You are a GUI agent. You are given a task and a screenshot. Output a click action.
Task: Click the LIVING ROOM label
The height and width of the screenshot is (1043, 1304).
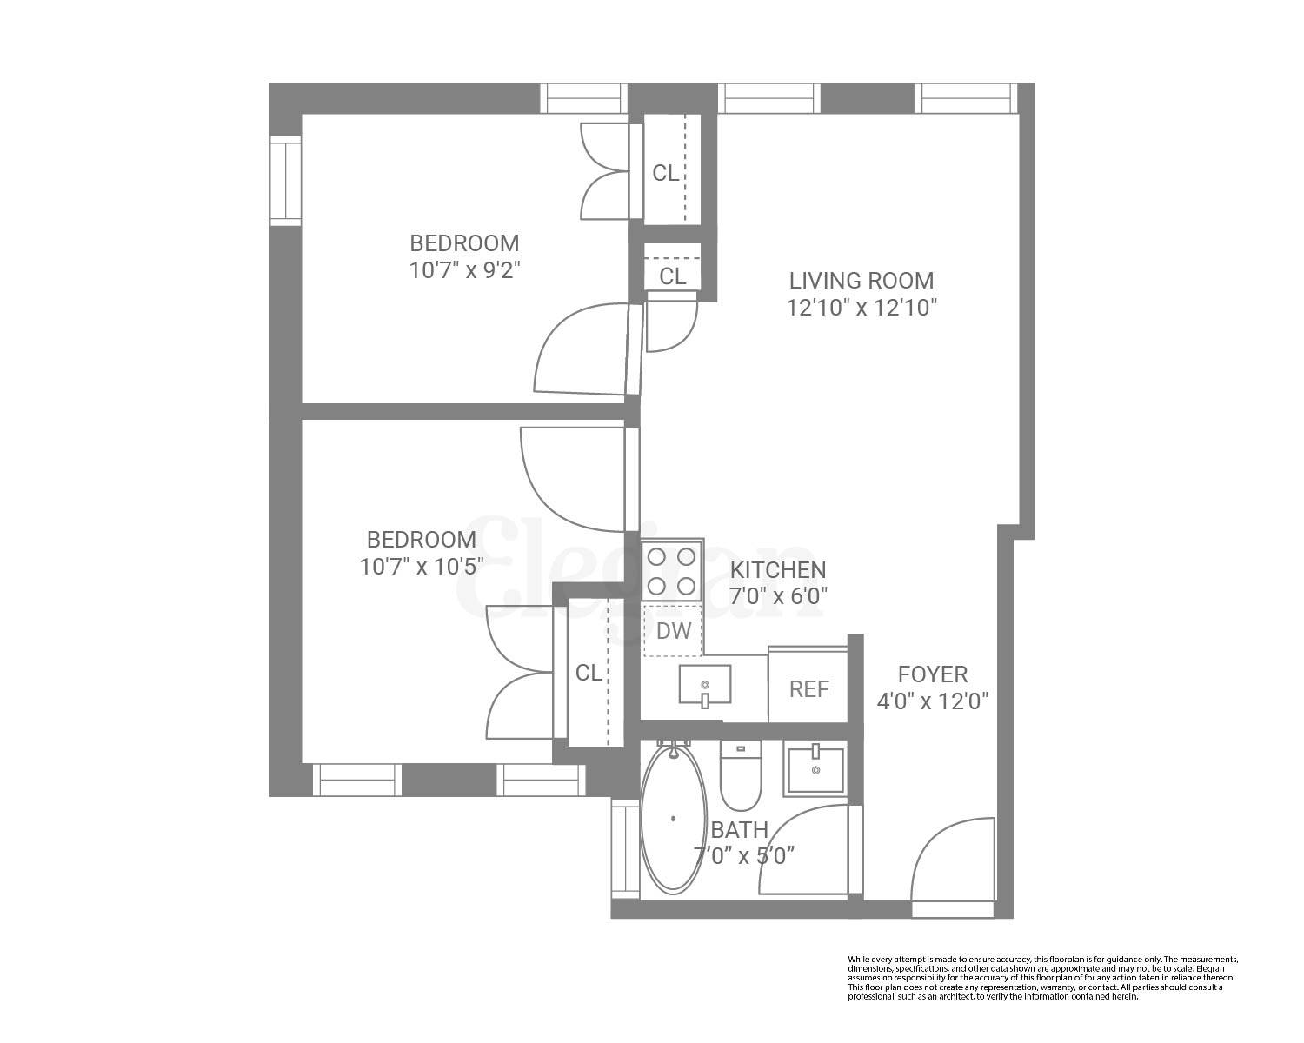(x=861, y=281)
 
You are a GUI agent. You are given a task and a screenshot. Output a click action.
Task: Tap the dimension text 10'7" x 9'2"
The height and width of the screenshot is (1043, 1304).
(x=464, y=269)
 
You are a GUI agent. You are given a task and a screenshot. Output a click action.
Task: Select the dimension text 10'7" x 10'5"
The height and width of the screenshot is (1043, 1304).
(x=421, y=567)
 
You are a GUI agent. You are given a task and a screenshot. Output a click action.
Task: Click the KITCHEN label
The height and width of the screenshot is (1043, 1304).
(x=777, y=570)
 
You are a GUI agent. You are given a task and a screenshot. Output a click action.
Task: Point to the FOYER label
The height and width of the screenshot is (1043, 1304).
(x=932, y=674)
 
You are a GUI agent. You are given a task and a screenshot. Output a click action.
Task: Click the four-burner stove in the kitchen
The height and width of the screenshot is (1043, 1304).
(x=672, y=569)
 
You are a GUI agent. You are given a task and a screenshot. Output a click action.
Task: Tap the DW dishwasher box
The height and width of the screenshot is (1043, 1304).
(x=673, y=631)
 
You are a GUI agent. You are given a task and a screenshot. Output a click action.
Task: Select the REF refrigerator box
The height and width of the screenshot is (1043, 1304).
(x=808, y=688)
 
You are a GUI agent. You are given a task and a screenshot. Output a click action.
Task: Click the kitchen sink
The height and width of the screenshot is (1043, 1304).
(x=704, y=685)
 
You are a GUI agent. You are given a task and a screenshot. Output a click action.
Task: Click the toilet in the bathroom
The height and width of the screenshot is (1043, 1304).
(x=741, y=775)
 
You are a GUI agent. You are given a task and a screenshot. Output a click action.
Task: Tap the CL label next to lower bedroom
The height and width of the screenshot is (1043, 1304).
(x=589, y=673)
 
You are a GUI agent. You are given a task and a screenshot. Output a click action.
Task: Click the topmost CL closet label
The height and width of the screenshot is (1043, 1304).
(x=666, y=173)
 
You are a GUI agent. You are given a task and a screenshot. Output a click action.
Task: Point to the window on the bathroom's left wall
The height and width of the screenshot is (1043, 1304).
(x=625, y=848)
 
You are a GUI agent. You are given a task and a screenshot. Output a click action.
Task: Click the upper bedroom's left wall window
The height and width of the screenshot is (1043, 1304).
(x=284, y=180)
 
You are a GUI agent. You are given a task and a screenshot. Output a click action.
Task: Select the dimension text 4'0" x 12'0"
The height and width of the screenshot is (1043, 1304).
(x=933, y=701)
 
